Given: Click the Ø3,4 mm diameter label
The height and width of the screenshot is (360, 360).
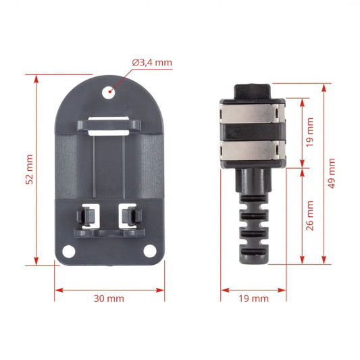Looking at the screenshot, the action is coord(152,63).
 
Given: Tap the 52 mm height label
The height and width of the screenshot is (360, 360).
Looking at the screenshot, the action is coord(30,170).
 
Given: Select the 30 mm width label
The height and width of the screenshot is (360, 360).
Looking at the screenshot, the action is coord(109,299).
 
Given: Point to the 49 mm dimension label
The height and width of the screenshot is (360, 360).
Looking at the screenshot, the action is coord(332,174).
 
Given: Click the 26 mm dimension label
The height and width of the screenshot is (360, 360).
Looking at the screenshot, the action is coord(310,215).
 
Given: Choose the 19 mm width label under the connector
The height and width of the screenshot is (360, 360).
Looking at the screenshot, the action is coord(254,299).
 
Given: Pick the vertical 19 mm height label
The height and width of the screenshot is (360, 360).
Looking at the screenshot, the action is coord(310,132).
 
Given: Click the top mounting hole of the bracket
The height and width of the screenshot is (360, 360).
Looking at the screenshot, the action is coord(109,93).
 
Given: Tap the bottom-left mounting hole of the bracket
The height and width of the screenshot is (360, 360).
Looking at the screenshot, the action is coord(69,251).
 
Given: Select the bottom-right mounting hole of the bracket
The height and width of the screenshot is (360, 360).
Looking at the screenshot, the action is coord(150,251).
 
